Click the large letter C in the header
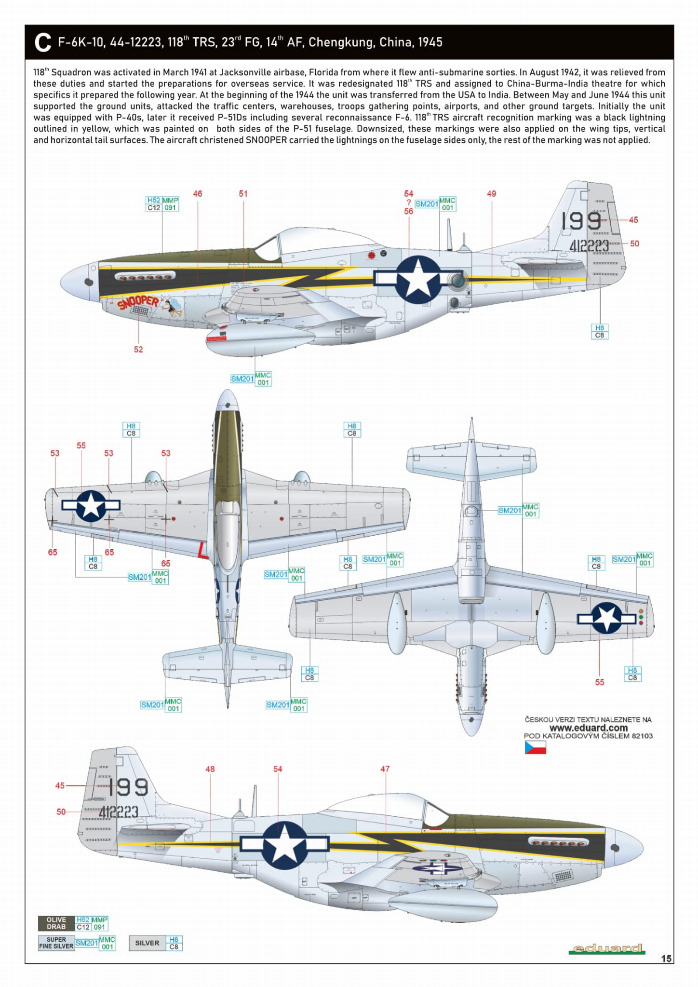[43, 42]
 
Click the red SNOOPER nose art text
[138, 303]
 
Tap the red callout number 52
[138, 349]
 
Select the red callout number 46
[198, 194]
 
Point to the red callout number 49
[491, 194]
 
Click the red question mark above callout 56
[408, 203]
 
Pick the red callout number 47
[385, 769]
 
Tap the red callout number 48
[210, 769]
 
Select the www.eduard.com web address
[588, 728]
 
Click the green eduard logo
[606, 949]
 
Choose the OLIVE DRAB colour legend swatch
[56, 923]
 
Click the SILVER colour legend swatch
[147, 943]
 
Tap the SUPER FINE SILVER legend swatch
[56, 943]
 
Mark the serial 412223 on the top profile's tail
[589, 246]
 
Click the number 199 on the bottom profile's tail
[128, 787]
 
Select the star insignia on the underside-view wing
[606, 618]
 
